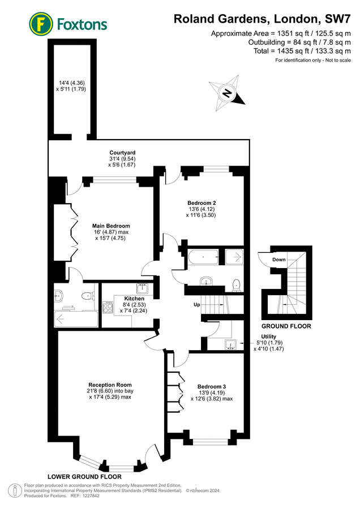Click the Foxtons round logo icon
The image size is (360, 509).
pyautogui.click(x=41, y=24)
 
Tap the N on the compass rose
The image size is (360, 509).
pyautogui.click(x=227, y=93)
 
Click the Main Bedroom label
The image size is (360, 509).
pyautogui.click(x=111, y=226)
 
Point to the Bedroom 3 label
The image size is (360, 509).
pyautogui.click(x=212, y=387)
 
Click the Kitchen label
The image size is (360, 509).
pyautogui.click(x=134, y=299)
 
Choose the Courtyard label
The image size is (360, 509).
pyautogui.click(x=122, y=153)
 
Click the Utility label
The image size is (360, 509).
pyautogui.click(x=269, y=337)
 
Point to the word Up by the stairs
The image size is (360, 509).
pyautogui.click(x=197, y=305)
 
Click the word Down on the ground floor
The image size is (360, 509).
pyautogui.click(x=278, y=260)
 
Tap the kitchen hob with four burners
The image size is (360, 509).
pyautogui.click(x=108, y=308)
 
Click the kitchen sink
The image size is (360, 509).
pyautogui.click(x=142, y=288)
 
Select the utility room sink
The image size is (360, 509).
pyautogui.click(x=232, y=344)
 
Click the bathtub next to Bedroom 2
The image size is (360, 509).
pyautogui.click(x=203, y=257)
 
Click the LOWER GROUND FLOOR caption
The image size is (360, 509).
pyautogui.click(x=84, y=477)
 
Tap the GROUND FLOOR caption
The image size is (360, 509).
pyautogui.click(x=286, y=326)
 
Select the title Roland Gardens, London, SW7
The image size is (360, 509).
pyautogui.click(x=263, y=19)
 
